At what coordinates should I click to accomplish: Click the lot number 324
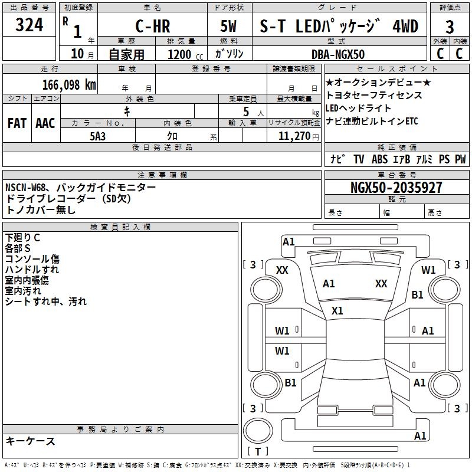(x=29, y=26)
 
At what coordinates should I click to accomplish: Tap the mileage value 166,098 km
(x=68, y=84)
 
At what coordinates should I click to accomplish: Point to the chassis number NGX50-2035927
(x=395, y=188)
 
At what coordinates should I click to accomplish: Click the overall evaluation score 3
(x=450, y=27)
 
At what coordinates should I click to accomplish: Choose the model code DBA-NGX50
(x=338, y=54)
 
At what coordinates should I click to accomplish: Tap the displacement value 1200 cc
(x=183, y=54)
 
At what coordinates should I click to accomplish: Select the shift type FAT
(x=17, y=123)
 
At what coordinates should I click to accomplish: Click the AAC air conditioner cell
(x=45, y=123)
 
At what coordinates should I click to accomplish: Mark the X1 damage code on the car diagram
(x=337, y=310)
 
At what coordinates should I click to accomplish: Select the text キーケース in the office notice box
(x=31, y=441)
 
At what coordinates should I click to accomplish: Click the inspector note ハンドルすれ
(x=32, y=270)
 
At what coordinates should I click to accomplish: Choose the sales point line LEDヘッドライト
(x=358, y=108)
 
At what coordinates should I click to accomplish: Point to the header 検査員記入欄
(x=120, y=227)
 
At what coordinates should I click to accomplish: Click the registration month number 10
(x=77, y=54)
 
